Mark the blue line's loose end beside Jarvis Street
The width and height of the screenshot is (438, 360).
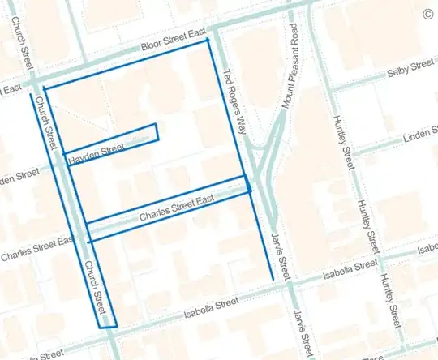[272, 279]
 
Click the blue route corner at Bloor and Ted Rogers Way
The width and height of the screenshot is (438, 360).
[209, 39]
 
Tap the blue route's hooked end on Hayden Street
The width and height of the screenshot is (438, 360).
[156, 125]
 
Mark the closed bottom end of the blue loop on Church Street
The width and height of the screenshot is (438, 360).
[107, 327]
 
